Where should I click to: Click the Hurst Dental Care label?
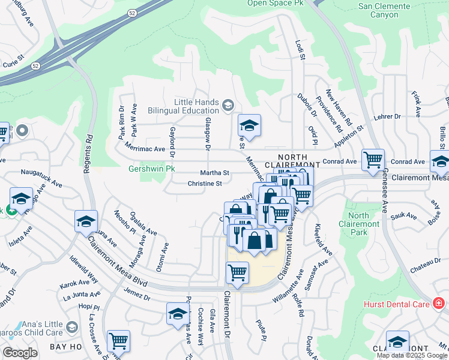pyautogui.click(x=397, y=304)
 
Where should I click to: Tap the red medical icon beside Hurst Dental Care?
pyautogui.click(x=439, y=304)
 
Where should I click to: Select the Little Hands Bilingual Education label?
pyautogui.click(x=196, y=107)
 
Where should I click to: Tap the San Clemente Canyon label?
pyautogui.click(x=392, y=10)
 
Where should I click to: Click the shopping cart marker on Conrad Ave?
pyautogui.click(x=373, y=160)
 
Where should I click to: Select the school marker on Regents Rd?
pyautogui.click(x=86, y=221)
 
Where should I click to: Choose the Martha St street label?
pyautogui.click(x=215, y=173)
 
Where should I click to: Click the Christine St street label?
pyautogui.click(x=205, y=184)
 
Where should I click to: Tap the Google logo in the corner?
pyautogui.click(x=20, y=353)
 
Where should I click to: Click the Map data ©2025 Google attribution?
pyautogui.click(x=411, y=355)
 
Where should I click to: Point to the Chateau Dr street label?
pyautogui.click(x=426, y=271)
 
